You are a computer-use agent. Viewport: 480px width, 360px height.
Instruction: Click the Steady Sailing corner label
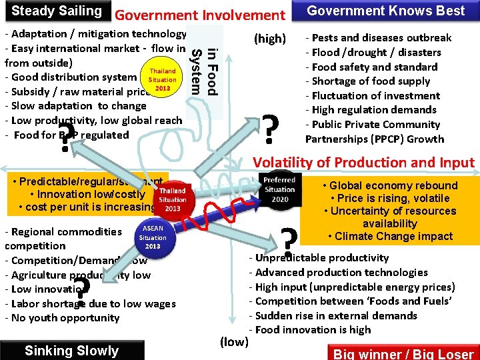tap(57, 11)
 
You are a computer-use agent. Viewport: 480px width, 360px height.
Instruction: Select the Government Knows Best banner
tap(385, 11)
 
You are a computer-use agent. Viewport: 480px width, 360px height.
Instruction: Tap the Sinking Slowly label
tap(71, 351)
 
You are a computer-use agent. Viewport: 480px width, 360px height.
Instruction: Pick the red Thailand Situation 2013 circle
tap(173, 199)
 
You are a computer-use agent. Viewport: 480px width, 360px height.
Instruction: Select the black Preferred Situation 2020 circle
tap(279, 189)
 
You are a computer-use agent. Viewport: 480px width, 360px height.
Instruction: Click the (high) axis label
tap(270, 39)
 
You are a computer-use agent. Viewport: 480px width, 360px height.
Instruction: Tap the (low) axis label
tap(234, 342)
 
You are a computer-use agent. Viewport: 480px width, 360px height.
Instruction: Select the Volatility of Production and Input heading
tap(363, 163)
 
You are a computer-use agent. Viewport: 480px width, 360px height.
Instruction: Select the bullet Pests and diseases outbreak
tap(378, 38)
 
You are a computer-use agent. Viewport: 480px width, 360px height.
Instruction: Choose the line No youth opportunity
tap(62, 318)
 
